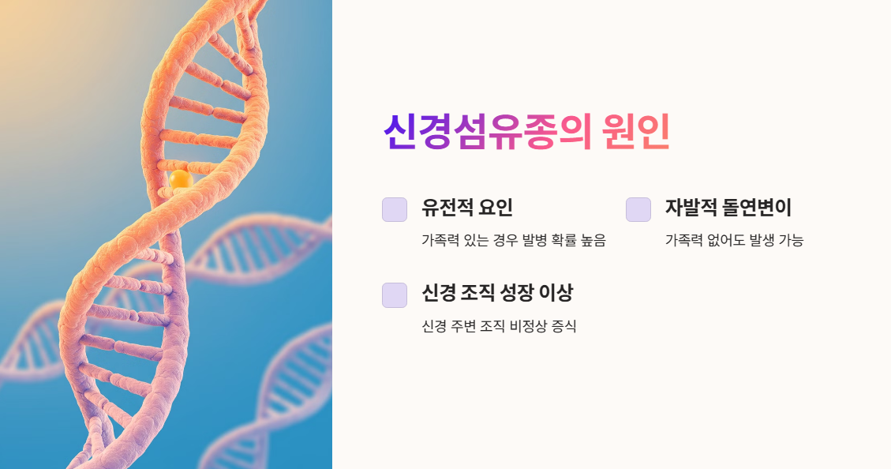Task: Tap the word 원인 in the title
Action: pyautogui.click(x=635, y=132)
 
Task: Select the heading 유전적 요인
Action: pyautogui.click(x=467, y=208)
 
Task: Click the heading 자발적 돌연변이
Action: pyautogui.click(x=728, y=208)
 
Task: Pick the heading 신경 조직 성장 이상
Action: pyautogui.click(x=497, y=293)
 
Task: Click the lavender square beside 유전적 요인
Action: pyautogui.click(x=395, y=209)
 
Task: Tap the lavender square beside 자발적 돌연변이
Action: pyautogui.click(x=638, y=209)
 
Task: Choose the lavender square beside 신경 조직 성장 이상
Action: pyautogui.click(x=395, y=295)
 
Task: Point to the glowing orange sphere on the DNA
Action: pyautogui.click(x=181, y=179)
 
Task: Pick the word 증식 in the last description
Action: pyautogui.click(x=563, y=326)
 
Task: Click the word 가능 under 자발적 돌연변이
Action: pyautogui.click(x=791, y=241)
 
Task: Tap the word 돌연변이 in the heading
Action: pyautogui.click(x=758, y=208)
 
